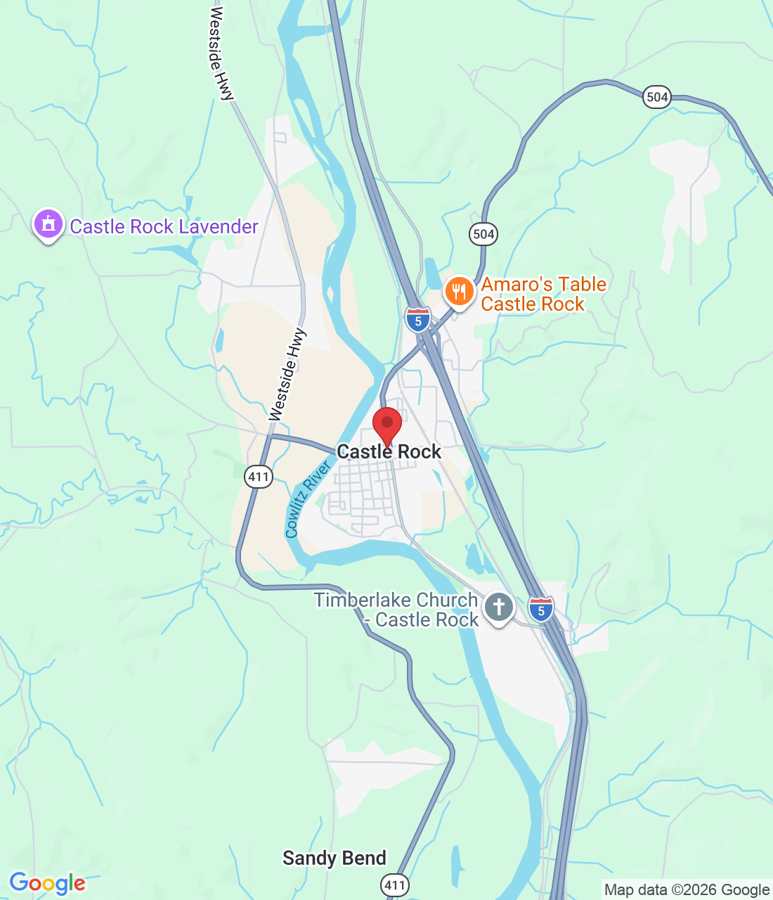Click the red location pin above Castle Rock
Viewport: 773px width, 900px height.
click(386, 424)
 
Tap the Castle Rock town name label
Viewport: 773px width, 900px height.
click(389, 451)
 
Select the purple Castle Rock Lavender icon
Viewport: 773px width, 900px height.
click(48, 225)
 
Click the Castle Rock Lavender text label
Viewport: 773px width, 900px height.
click(164, 226)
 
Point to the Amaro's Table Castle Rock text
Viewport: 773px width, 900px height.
click(543, 294)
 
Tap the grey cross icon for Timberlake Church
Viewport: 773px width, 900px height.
click(499, 606)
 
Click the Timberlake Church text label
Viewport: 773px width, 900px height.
click(396, 610)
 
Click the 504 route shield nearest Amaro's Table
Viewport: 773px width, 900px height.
click(483, 234)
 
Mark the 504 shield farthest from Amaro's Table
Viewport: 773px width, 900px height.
click(656, 97)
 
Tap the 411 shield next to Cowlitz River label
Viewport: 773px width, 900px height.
click(259, 477)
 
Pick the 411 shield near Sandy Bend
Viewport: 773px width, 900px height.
click(395, 885)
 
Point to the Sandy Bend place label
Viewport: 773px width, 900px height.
click(334, 858)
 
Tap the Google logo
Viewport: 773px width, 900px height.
click(48, 883)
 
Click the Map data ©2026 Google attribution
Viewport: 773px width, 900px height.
click(687, 890)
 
